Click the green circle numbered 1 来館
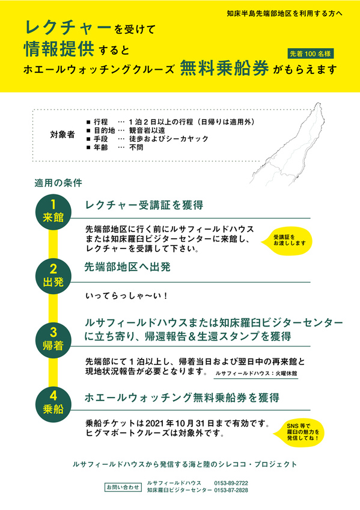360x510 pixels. coord(53,212)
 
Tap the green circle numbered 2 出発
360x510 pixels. coord(53,277)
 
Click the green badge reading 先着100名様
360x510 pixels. coord(310,54)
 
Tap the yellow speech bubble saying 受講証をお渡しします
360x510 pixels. coord(287,241)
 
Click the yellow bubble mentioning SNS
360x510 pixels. coord(299,432)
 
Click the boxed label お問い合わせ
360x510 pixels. coord(123,487)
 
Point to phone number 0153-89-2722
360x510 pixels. coord(231,483)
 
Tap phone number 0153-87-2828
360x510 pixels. coord(231,490)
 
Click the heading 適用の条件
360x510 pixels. coord(58,183)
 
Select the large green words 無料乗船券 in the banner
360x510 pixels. coord(225,68)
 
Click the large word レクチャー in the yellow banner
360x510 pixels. coord(68,27)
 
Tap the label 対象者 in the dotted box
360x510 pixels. coord(63,134)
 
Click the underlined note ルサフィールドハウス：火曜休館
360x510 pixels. coord(256,373)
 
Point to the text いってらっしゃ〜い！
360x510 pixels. coord(126,296)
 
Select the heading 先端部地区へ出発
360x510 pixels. coord(127,266)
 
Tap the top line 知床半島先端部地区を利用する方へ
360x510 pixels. coord(285,14)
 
